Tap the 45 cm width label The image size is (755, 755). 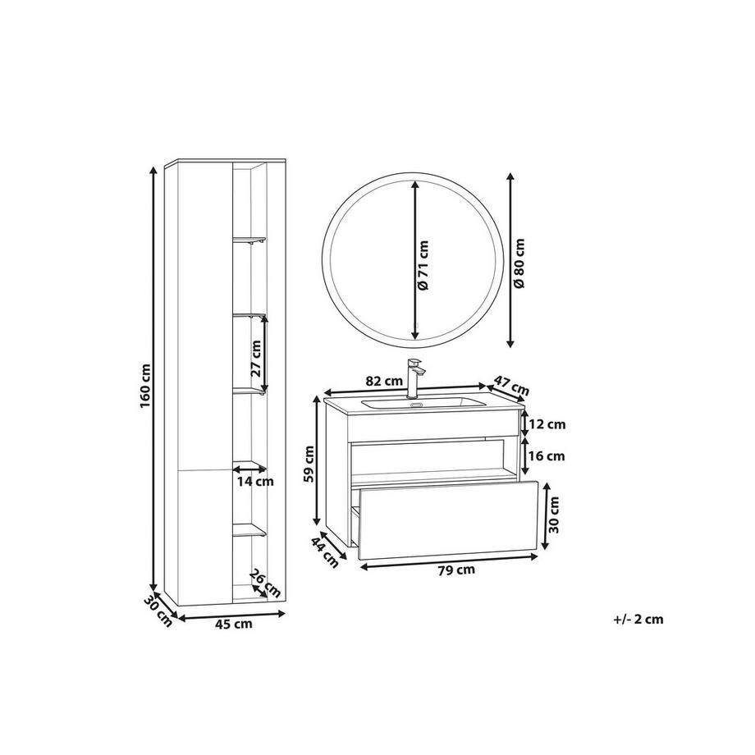pos(233,625)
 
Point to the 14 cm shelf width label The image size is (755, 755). pos(254,482)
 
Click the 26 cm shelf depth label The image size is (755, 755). pos(265,583)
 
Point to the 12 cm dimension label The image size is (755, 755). pos(547,424)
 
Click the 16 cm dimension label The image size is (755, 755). pos(547,455)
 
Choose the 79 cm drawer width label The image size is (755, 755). pos(454,570)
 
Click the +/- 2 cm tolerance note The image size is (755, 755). pos(638,620)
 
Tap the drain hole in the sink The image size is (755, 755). pos(415,404)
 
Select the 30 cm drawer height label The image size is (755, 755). pos(554,513)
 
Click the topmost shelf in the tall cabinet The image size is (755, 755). pos(249,241)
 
